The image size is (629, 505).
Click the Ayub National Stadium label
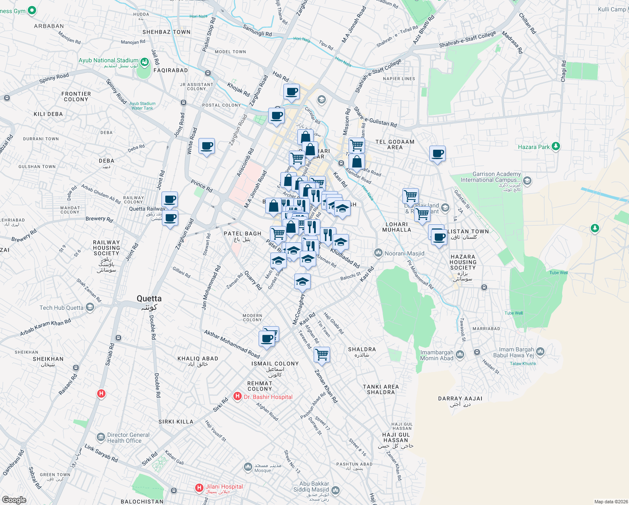coord(108,61)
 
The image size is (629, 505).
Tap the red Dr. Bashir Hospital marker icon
coord(238,396)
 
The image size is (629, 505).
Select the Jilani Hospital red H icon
coord(199,488)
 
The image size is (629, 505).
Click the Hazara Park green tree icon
coord(556,146)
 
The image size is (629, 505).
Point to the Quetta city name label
coord(149,299)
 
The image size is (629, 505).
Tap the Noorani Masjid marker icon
coord(378,253)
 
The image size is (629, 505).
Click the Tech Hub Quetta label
coord(61,308)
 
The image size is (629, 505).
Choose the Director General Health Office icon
coord(100,437)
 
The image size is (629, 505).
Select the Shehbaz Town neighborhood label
coord(166,32)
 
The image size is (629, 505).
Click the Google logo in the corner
coord(14,500)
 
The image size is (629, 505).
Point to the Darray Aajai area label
coord(460,399)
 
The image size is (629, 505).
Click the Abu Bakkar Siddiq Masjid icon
coord(335,490)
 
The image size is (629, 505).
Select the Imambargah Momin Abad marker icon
coord(460,355)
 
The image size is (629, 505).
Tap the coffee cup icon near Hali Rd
coord(291,92)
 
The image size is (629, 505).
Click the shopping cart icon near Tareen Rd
coord(322,354)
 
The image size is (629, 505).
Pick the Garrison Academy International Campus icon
coord(527,181)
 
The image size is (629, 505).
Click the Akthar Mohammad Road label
coord(232,344)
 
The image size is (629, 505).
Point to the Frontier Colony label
coord(76,97)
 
